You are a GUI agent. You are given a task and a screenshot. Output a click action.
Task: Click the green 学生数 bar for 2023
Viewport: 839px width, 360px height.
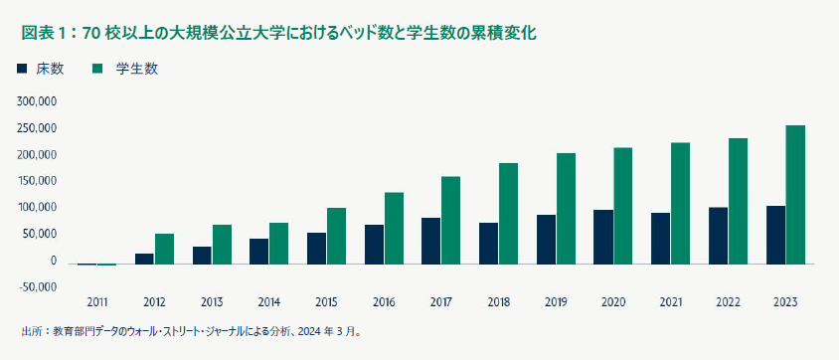tap(795, 194)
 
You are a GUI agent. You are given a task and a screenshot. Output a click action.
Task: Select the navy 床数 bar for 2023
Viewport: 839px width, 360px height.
tap(775, 235)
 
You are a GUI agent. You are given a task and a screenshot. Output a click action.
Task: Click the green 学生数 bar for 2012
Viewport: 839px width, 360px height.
tap(164, 249)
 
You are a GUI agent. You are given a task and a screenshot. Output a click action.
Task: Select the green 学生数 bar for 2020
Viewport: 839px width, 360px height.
tap(622, 205)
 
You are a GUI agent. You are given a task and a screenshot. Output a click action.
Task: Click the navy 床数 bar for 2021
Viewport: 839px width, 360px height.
tap(660, 238)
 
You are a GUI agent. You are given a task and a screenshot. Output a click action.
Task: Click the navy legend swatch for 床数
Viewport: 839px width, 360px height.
tap(22, 69)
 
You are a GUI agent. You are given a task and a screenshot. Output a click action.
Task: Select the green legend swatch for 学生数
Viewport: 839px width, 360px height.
tap(98, 69)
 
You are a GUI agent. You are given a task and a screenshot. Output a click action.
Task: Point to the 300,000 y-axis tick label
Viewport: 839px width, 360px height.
tap(37, 101)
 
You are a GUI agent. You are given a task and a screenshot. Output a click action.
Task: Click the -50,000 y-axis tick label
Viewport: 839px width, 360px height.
tap(37, 287)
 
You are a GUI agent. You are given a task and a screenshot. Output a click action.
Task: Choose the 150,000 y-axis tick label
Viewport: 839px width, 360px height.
tap(37, 181)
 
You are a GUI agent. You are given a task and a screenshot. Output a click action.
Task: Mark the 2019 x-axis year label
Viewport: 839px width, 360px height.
tap(557, 301)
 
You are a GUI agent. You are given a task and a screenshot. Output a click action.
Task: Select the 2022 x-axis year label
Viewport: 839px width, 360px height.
tap(729, 301)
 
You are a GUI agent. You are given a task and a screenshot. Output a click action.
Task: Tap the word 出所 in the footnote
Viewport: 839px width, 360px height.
tap(31, 332)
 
